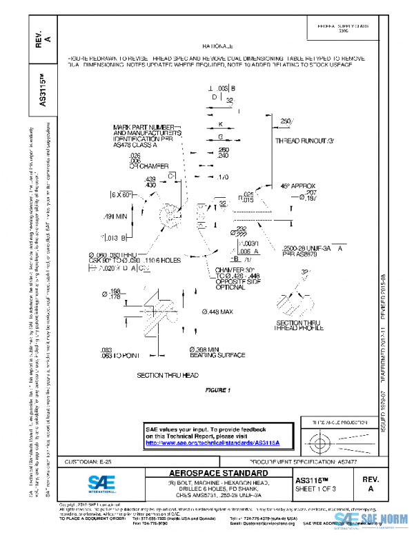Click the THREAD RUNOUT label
pyautogui.click(x=304, y=140)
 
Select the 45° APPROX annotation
pyautogui.click(x=297, y=186)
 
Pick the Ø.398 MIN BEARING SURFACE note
pyautogui.click(x=217, y=352)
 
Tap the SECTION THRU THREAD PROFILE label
pyautogui.click(x=299, y=325)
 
